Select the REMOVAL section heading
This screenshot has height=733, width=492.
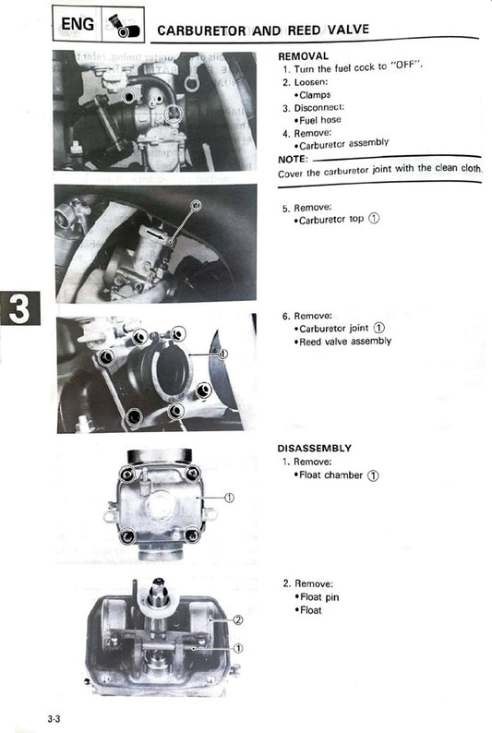pos(303,56)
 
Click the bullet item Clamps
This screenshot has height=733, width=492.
pos(315,94)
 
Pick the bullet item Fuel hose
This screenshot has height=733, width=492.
pos(320,120)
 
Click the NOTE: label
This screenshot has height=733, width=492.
pos(294,159)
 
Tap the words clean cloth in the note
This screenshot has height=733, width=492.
pos(451,172)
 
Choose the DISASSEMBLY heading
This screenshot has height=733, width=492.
pos(314,449)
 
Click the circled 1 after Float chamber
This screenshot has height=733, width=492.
pos(373,475)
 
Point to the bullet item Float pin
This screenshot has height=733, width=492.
pos(320,597)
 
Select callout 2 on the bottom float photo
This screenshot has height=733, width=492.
pos(237,620)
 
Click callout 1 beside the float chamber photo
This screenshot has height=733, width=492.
pos(229,498)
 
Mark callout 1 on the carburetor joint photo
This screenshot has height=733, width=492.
pos(223,353)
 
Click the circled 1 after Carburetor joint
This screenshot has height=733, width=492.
pos(380,328)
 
